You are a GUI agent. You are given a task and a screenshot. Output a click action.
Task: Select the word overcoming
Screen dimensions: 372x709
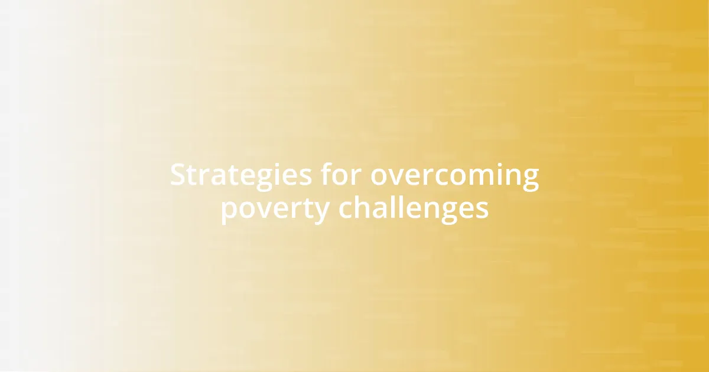coord(455,175)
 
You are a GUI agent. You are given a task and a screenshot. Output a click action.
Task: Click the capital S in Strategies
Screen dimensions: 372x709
coord(178,175)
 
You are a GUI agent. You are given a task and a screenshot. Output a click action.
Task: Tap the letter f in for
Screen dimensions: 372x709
coord(327,175)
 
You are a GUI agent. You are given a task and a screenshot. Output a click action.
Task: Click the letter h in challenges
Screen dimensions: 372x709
coord(362,207)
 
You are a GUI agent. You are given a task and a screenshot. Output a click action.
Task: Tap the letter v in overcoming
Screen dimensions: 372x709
coord(397,177)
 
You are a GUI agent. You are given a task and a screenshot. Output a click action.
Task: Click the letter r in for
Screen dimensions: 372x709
coord(357,177)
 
